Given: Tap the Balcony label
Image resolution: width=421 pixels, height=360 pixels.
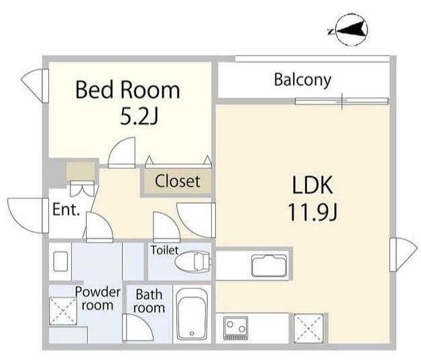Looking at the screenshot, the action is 302,80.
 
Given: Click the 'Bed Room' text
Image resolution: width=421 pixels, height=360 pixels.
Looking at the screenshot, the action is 127,90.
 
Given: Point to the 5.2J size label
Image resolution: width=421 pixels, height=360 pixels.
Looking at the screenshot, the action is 139,117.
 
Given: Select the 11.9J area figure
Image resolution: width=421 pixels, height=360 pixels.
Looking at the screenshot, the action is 312,212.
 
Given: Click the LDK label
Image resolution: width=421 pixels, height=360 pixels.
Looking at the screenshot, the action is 312,185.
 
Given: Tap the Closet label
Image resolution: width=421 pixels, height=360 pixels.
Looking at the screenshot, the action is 178,181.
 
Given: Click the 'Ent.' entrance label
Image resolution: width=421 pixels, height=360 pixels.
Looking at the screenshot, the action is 66,209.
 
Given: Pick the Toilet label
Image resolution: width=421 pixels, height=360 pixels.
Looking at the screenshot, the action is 164,250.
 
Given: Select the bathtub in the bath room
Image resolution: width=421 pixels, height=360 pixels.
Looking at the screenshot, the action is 192,314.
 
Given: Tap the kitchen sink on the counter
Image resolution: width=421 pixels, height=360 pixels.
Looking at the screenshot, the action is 269,265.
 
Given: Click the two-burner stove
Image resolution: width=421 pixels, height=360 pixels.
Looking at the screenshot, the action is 235,328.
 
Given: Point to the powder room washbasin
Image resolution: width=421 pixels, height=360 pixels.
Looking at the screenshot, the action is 60,261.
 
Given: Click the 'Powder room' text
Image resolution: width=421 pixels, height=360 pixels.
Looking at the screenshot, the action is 97,298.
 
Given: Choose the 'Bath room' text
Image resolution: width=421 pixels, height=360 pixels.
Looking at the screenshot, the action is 149,301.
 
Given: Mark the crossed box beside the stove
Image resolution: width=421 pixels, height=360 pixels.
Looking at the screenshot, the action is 308,328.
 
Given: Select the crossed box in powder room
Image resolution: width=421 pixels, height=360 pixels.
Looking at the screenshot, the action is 63,311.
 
